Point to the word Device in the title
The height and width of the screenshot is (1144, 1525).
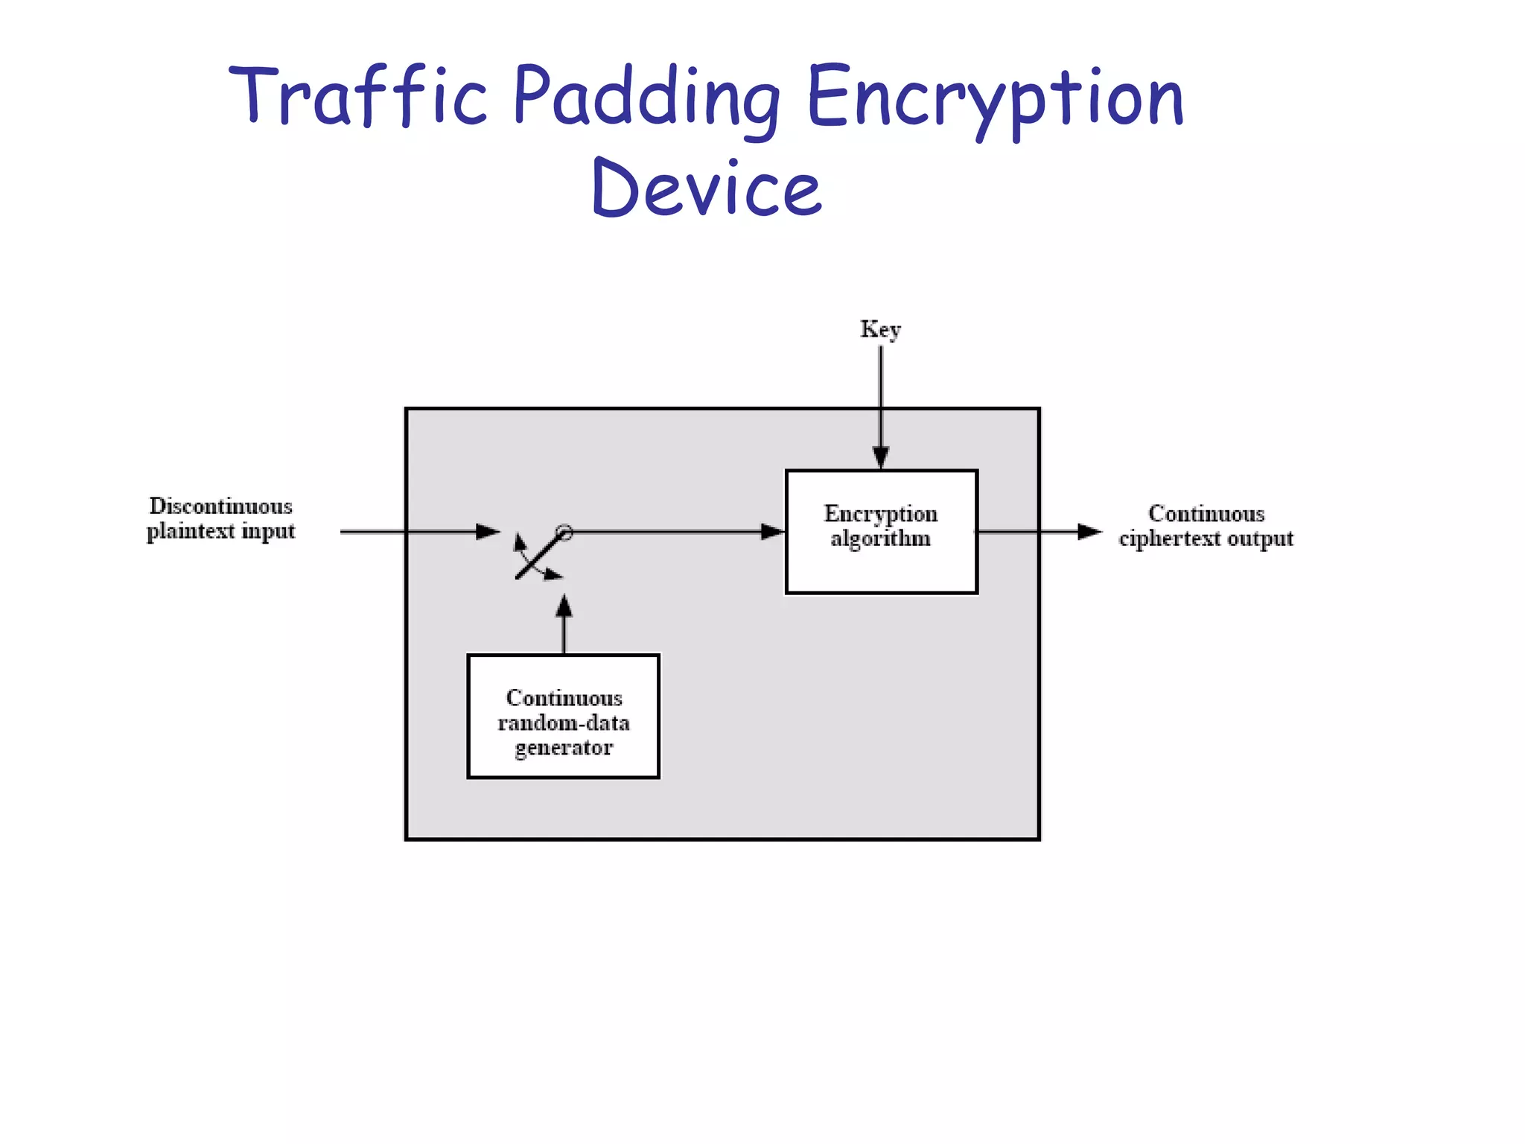(706, 188)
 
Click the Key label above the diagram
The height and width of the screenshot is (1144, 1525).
(880, 328)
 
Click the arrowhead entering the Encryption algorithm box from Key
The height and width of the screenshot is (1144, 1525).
(881, 457)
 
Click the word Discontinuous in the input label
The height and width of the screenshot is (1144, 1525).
(221, 506)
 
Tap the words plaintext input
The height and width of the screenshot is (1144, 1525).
(221, 531)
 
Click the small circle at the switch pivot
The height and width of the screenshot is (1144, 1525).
(565, 533)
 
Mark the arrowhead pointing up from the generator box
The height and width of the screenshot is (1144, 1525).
(564, 605)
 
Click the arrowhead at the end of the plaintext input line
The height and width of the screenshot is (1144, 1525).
(488, 532)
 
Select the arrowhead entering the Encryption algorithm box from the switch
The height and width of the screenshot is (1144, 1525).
(773, 532)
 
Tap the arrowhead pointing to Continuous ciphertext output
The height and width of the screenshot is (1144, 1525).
(1089, 532)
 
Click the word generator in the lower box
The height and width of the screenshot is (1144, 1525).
(564, 748)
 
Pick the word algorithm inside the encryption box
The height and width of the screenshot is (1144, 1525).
(881, 538)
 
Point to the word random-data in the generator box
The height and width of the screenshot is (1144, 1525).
(564, 723)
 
